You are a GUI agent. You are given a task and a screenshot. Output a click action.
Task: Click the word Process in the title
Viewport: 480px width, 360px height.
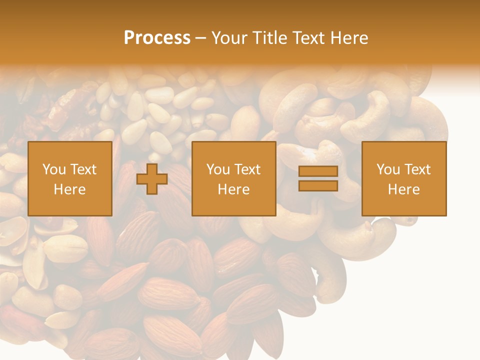(157, 38)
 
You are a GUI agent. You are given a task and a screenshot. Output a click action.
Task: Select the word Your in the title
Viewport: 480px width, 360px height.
(229, 38)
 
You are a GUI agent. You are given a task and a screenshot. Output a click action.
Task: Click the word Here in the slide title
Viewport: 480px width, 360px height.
(351, 38)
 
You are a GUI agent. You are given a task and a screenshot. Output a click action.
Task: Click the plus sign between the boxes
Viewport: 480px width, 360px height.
(152, 179)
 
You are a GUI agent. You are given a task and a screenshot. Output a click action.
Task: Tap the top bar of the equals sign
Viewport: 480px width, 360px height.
(318, 171)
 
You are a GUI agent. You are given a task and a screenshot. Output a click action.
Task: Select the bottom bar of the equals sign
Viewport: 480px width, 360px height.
(318, 186)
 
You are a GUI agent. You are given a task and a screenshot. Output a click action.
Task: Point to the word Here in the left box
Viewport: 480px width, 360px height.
(69, 189)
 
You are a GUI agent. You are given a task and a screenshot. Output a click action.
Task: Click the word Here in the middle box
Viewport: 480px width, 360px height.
(233, 189)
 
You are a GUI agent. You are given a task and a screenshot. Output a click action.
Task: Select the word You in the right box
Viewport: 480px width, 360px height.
(387, 169)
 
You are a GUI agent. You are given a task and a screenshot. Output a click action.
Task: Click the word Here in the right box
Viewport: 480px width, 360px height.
(403, 189)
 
